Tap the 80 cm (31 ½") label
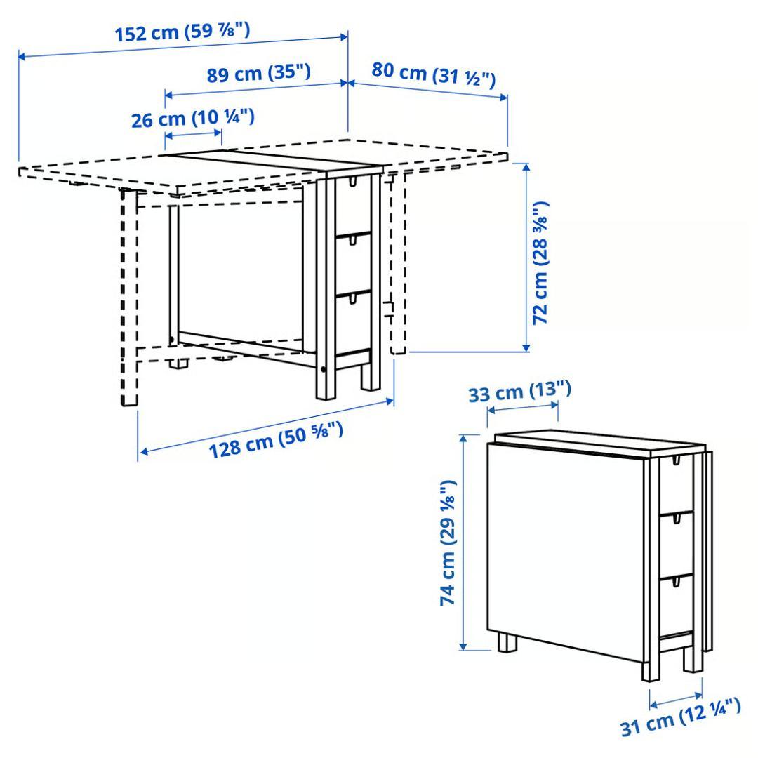[x=434, y=73]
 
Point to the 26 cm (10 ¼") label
[x=192, y=118]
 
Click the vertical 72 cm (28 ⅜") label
[x=540, y=263]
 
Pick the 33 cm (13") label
[x=519, y=392]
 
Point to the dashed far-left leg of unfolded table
[x=128, y=295]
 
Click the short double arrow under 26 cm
[x=193, y=134]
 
